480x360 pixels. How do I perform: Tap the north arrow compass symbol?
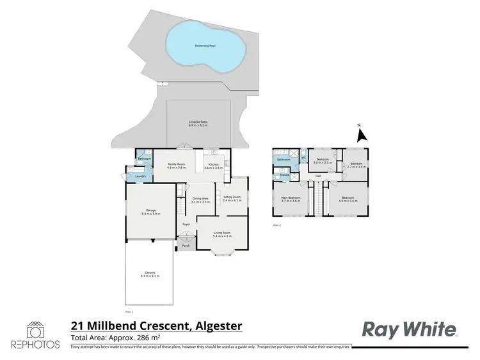(x=361, y=134)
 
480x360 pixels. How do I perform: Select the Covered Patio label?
(x=198, y=123)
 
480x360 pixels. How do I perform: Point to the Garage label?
(x=151, y=212)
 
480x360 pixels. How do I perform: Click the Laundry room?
(x=140, y=176)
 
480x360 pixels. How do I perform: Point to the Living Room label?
(x=222, y=234)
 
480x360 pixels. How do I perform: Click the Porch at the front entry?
(x=186, y=246)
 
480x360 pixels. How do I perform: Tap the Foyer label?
(x=186, y=224)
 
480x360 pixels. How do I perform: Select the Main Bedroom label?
(x=291, y=198)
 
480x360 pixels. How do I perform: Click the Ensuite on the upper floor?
(x=285, y=174)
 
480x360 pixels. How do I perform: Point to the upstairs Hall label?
(x=317, y=176)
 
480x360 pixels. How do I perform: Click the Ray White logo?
(x=410, y=329)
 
